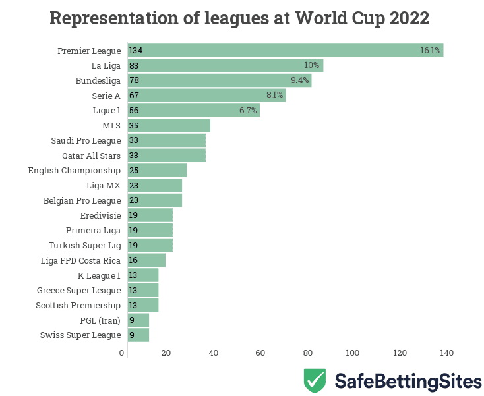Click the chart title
[x=239, y=18]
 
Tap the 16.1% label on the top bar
[x=430, y=51]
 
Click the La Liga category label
[x=106, y=66]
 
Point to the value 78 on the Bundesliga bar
[x=134, y=80]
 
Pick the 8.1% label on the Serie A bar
[x=274, y=96]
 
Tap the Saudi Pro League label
[x=86, y=140]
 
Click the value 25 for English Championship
[x=134, y=171]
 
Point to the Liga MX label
[x=104, y=185]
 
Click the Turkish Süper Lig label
[x=84, y=245]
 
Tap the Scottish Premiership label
[x=78, y=305]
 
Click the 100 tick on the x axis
[x=353, y=353]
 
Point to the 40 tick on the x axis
[x=213, y=353]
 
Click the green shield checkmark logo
[x=315, y=381]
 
